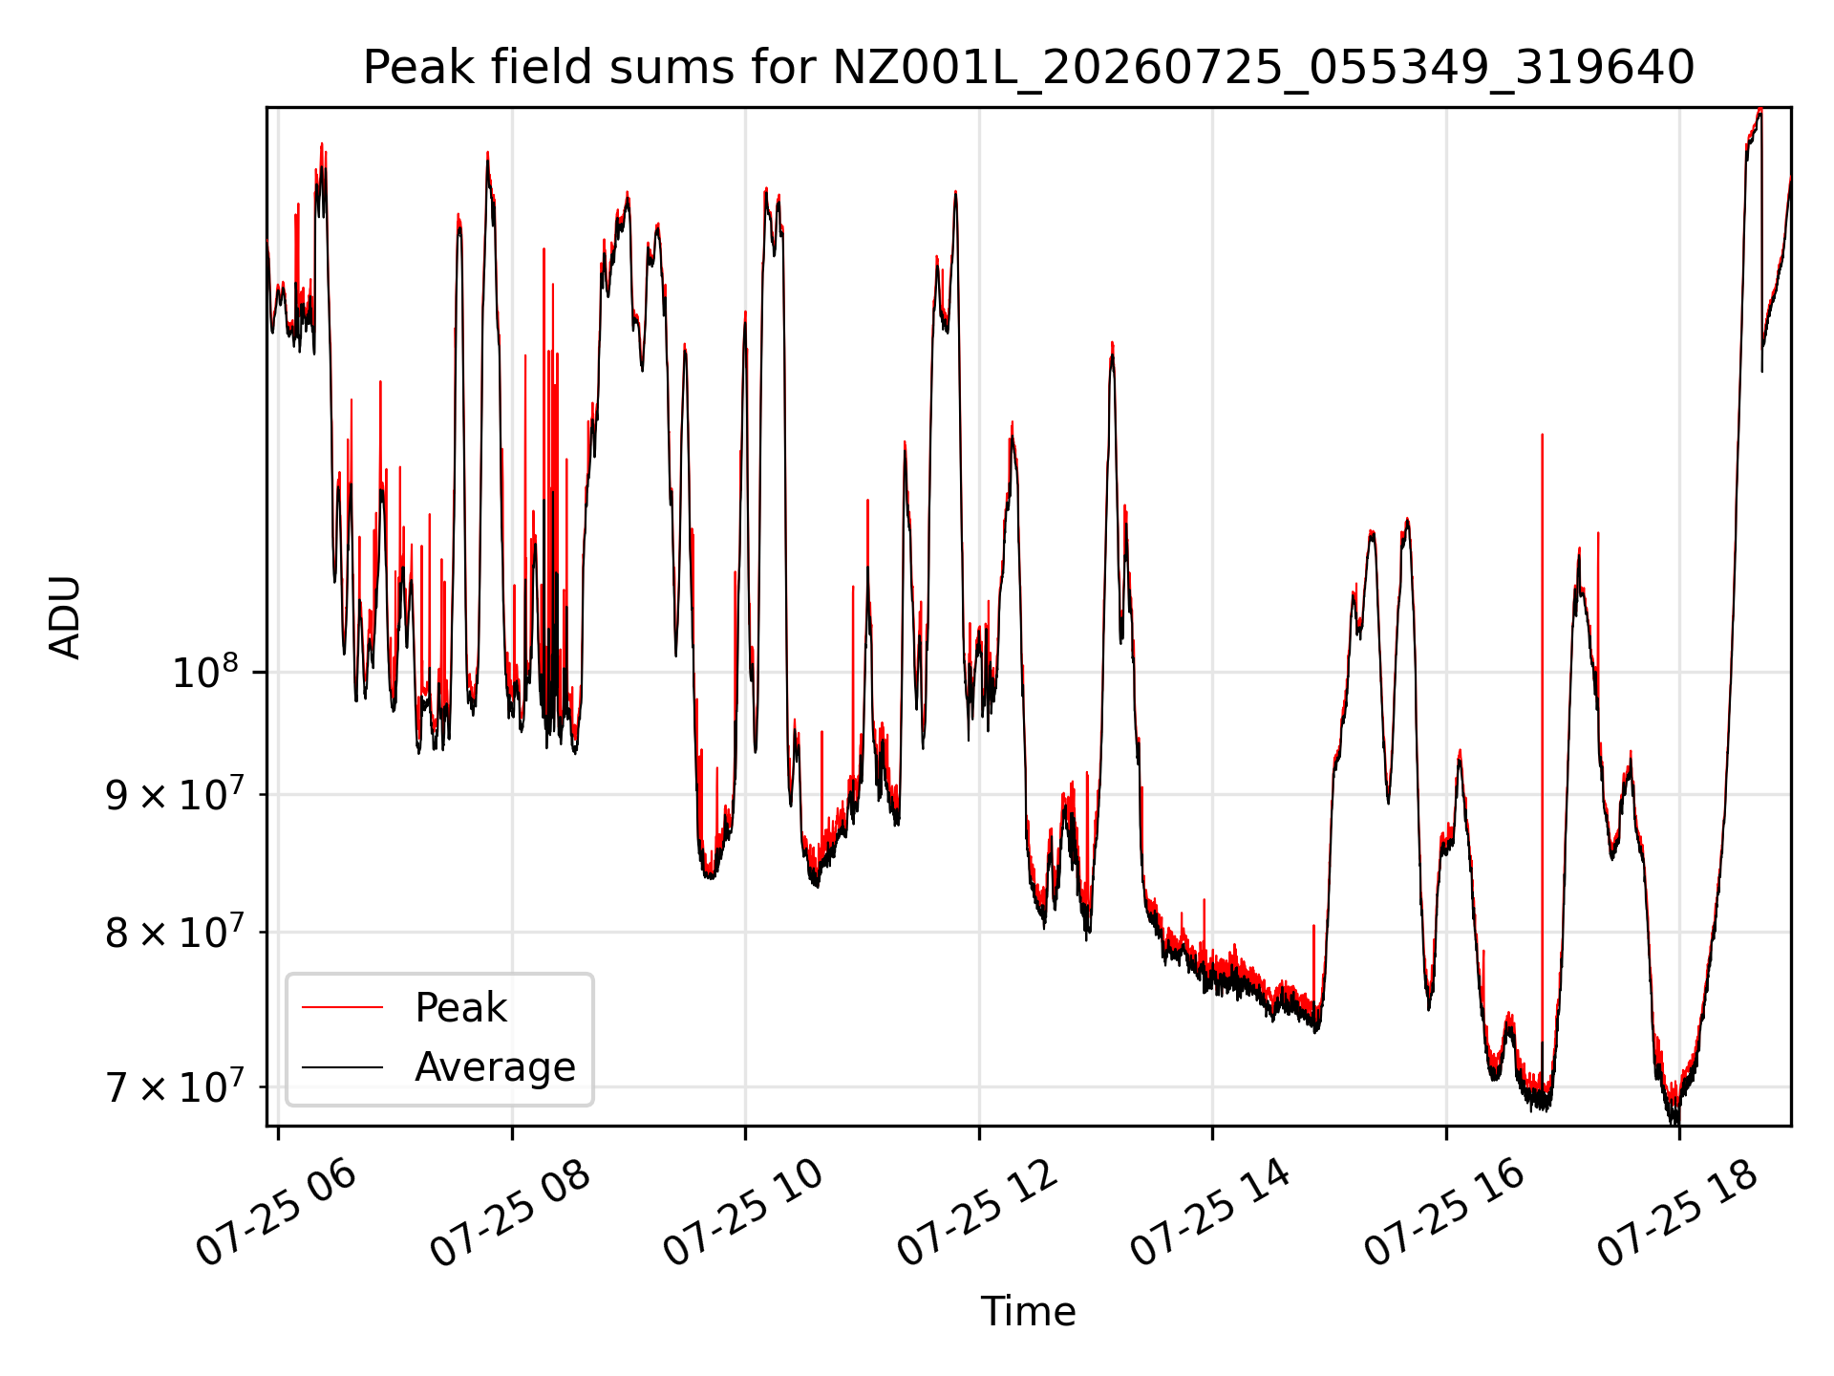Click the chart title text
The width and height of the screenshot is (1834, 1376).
[1029, 68]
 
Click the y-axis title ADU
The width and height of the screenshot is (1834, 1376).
[65, 617]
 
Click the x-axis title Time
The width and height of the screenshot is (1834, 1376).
[1028, 1311]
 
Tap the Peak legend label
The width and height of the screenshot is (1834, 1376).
[460, 1007]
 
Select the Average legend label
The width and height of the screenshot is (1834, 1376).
[495, 1066]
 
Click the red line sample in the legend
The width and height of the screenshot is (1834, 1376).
[342, 1007]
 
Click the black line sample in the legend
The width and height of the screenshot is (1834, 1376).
[342, 1066]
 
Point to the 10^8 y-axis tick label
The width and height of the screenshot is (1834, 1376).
[205, 672]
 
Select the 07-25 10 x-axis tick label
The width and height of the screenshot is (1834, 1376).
[744, 1214]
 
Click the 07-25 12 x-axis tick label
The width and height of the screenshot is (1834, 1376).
[978, 1214]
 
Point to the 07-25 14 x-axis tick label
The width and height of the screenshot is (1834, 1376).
[1211, 1214]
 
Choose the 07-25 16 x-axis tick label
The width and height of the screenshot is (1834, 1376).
[1445, 1214]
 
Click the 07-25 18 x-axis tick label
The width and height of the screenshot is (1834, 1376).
[1678, 1214]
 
